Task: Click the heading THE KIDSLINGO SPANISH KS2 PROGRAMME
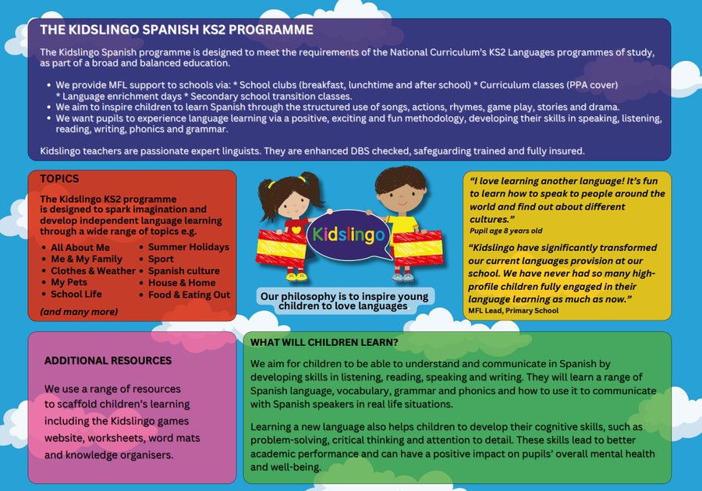tap(176, 30)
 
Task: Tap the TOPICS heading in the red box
tap(59, 178)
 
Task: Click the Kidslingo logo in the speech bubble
tap(349, 235)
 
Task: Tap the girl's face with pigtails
tap(294, 203)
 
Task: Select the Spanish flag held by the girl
tap(281, 249)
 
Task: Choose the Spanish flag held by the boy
tap(418, 249)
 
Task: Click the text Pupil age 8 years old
tap(506, 231)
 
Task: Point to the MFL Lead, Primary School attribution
tap(513, 310)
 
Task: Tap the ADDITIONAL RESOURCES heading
tap(108, 360)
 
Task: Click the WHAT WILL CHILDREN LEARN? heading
tap(324, 342)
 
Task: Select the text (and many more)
tap(79, 312)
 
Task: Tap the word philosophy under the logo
tap(308, 296)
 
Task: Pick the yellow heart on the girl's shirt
tap(296, 230)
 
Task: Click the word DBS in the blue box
tap(360, 150)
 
